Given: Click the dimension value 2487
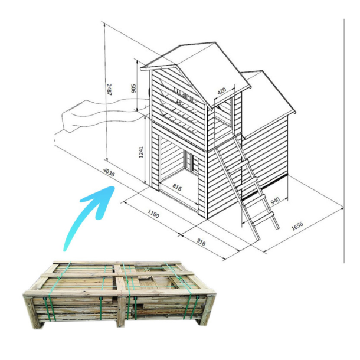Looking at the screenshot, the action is (109, 90).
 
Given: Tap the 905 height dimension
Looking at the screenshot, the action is (133, 89).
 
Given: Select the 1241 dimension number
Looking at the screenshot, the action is (141, 152).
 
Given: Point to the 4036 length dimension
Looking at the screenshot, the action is (109, 172).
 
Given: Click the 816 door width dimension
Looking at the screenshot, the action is (177, 187).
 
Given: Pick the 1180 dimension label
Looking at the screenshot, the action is (153, 214).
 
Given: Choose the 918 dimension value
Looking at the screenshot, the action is (201, 242).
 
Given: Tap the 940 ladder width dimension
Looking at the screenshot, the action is (275, 201).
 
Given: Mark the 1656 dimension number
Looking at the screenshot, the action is (297, 225).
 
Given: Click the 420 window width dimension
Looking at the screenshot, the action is (221, 91).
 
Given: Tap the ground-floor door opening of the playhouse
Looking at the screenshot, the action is (178, 175).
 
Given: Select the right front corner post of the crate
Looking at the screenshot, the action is (208, 310).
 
